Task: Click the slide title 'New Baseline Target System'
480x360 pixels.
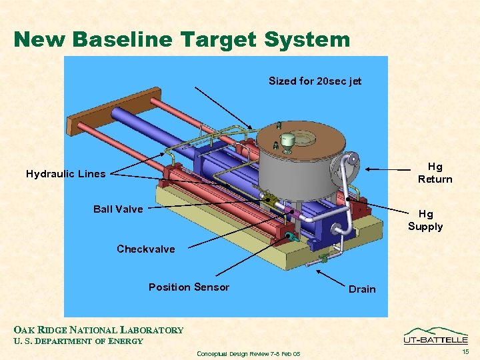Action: [181, 39]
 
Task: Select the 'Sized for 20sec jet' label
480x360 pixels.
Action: [315, 81]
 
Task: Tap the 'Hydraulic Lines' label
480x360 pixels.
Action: [65, 174]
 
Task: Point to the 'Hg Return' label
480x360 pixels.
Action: [435, 173]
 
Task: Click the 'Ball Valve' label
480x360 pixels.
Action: [118, 209]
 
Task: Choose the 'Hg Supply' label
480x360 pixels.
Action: [425, 220]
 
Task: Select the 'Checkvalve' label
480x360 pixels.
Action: [145, 249]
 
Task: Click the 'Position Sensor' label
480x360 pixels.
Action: [189, 287]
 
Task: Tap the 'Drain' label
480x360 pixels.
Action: [362, 289]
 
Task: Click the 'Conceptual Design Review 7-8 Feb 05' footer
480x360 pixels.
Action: [249, 353]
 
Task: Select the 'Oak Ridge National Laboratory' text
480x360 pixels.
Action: [99, 330]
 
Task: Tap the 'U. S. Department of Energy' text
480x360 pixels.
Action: [79, 341]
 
